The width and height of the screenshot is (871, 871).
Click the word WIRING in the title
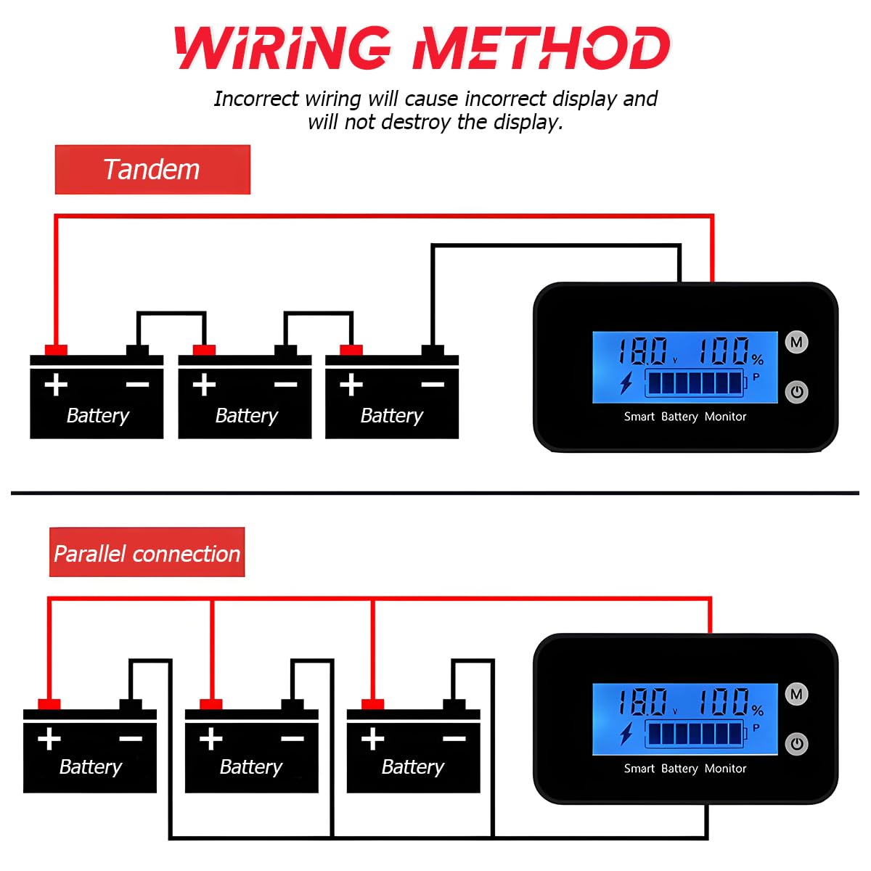[x=283, y=49]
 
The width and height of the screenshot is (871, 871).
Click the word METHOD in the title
[x=541, y=49]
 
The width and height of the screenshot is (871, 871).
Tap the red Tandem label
[x=152, y=170]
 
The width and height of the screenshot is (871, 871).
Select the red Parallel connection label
[x=147, y=553]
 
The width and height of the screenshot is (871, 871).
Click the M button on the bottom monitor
[x=796, y=694]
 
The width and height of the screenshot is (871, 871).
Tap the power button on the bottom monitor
[x=796, y=743]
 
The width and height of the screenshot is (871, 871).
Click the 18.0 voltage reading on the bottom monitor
[x=643, y=702]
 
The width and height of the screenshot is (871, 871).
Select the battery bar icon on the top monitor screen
[x=695, y=382]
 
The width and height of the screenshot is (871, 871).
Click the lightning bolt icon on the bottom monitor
[x=626, y=734]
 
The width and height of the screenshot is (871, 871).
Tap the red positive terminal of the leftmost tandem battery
[x=56, y=351]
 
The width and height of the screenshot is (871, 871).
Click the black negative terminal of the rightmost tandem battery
[x=433, y=351]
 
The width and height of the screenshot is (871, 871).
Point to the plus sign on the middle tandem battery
[x=204, y=384]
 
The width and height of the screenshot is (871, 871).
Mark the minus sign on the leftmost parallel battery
[x=131, y=739]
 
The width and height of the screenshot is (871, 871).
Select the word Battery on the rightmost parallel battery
[x=412, y=766]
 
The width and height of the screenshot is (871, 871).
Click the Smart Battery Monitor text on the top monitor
[x=684, y=417]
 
